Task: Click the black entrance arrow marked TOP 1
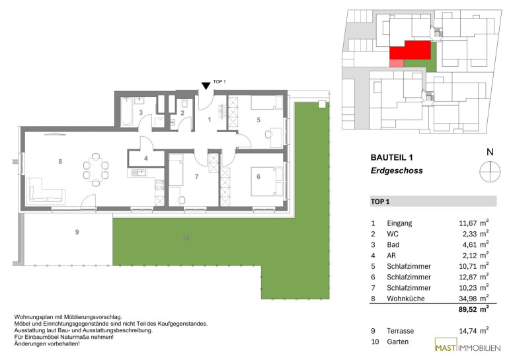pyautogui.click(x=206, y=86)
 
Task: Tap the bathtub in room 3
pyautogui.click(x=127, y=112)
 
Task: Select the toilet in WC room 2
pyautogui.click(x=184, y=104)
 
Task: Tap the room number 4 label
pyautogui.click(x=146, y=159)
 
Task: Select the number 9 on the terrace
pyautogui.click(x=77, y=232)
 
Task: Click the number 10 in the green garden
pyautogui.click(x=186, y=238)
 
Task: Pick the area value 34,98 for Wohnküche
pyautogui.click(x=468, y=299)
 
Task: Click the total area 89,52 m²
pyautogui.click(x=473, y=309)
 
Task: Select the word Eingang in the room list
pyautogui.click(x=399, y=223)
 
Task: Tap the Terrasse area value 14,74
pyautogui.click(x=468, y=331)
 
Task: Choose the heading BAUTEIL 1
pyautogui.click(x=391, y=158)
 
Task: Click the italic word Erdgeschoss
pyautogui.click(x=397, y=170)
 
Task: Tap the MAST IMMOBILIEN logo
pyautogui.click(x=467, y=345)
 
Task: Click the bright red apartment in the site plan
pyautogui.click(x=411, y=51)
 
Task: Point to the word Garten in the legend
pyautogui.click(x=398, y=342)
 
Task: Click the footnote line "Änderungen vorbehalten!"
pyautogui.click(x=47, y=343)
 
